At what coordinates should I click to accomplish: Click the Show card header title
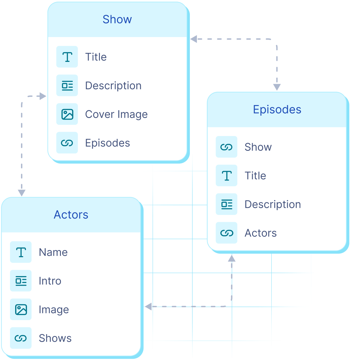click(117, 19)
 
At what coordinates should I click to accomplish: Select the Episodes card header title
click(277, 110)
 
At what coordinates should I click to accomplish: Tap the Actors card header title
click(71, 215)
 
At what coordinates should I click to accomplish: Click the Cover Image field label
click(116, 114)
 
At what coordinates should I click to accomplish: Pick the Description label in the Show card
click(113, 86)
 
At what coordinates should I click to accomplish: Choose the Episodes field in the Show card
click(107, 143)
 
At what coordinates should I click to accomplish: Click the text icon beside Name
click(21, 252)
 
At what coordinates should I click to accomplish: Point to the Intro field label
click(50, 281)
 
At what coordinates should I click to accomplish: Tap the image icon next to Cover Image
click(67, 114)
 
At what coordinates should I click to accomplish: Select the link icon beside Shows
click(21, 338)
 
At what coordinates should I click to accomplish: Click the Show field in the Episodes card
click(258, 147)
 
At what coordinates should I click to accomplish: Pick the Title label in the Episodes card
click(255, 176)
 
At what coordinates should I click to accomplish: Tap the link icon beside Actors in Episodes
click(227, 233)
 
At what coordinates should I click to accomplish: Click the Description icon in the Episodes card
click(227, 204)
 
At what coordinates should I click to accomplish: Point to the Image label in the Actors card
click(54, 310)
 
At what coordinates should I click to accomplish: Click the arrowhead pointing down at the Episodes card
click(277, 87)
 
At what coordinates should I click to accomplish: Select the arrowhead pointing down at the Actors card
click(22, 193)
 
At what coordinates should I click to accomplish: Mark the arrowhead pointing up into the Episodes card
click(231, 258)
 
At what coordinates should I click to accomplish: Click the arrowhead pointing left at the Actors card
click(148, 307)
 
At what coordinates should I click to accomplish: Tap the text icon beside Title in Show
click(67, 57)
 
